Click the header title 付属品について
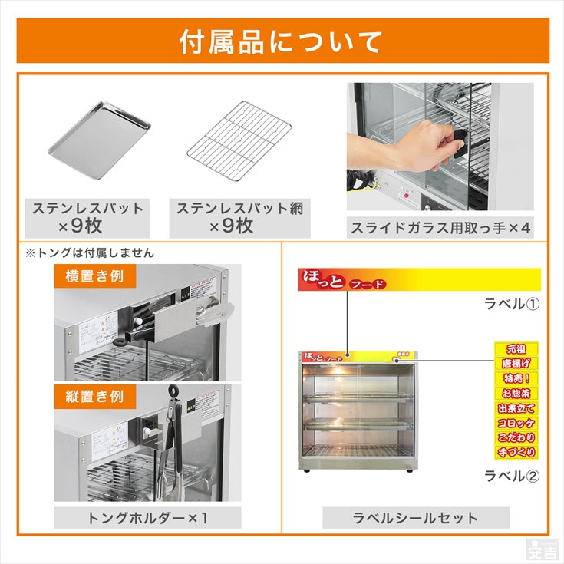point(281,41)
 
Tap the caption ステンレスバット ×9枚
point(87,217)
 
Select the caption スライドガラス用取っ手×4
point(440,228)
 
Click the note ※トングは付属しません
point(90,252)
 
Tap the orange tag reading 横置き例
point(89,275)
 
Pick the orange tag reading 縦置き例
point(89,396)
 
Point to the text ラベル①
point(511,303)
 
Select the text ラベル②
point(511,476)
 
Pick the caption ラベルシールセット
point(415,517)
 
